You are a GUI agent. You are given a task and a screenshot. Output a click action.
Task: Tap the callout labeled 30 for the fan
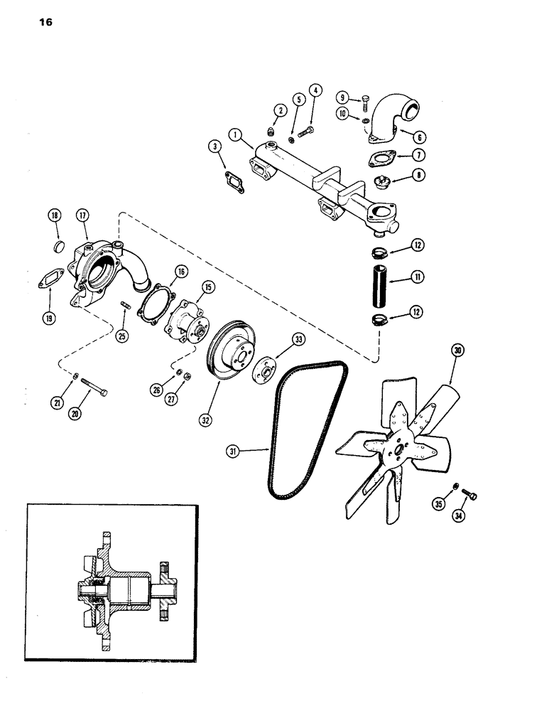coord(458,349)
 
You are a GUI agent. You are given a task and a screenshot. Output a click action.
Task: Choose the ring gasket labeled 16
coord(153,301)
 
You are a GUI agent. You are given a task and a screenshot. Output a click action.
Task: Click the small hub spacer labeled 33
coord(267,367)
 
